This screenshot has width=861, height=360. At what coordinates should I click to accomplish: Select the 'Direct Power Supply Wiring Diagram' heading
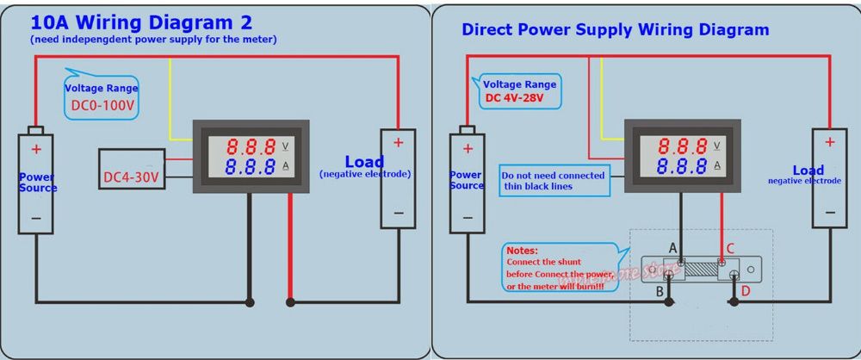coord(616,29)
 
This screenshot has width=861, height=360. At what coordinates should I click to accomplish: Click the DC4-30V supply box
coord(131,178)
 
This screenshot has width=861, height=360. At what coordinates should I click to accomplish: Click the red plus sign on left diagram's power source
coord(36,149)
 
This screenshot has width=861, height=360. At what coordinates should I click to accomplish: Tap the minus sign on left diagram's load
coord(398,212)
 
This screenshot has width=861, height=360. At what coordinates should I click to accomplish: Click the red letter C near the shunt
coord(729,249)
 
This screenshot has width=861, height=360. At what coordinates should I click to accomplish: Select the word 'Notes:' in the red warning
coord(522,250)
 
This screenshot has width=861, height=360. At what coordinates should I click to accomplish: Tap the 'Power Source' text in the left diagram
coord(37,183)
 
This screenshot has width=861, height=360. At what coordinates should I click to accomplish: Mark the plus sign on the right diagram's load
coord(829,142)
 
